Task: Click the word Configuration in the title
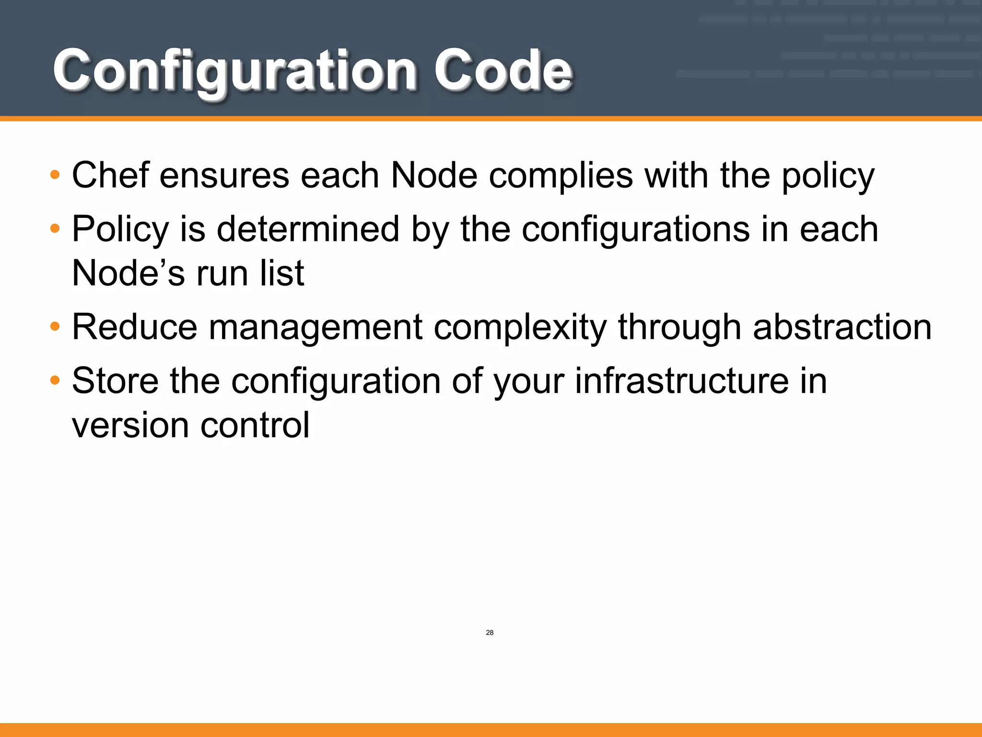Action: click(234, 71)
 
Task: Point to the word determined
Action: click(308, 229)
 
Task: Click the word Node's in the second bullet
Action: click(128, 273)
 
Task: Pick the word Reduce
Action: click(134, 327)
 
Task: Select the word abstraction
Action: click(842, 327)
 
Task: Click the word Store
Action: click(115, 381)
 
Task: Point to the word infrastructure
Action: click(682, 381)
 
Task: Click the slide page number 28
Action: click(490, 632)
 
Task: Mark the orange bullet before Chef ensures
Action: click(55, 175)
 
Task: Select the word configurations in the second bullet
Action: click(635, 230)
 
